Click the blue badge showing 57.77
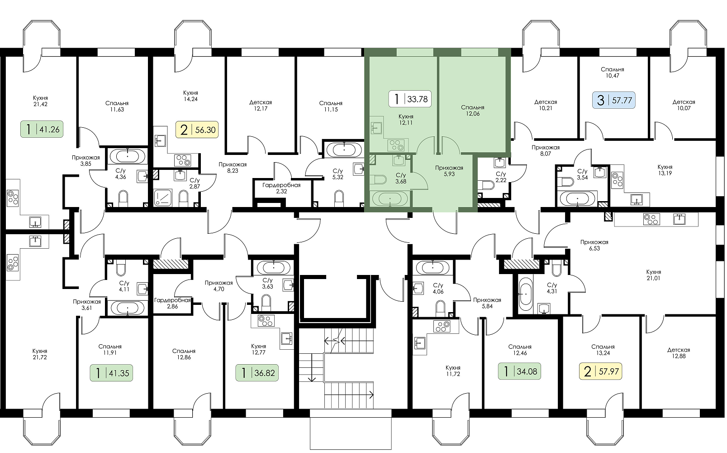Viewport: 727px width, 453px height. tap(614, 100)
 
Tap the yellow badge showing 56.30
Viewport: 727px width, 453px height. tap(197, 130)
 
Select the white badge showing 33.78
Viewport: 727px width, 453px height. tap(410, 98)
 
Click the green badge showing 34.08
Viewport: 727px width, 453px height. tap(519, 371)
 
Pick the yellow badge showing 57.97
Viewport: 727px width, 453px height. tap(601, 371)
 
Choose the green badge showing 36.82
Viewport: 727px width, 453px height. tap(257, 373)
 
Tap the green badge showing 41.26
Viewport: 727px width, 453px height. tap(42, 129)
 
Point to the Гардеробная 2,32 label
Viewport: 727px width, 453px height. tap(281, 188)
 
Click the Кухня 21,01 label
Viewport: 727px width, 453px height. tap(653, 275)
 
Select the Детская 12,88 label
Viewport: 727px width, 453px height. tap(679, 353)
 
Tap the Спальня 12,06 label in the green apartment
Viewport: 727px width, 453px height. tap(473, 111)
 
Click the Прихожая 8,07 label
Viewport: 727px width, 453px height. tap(546, 150)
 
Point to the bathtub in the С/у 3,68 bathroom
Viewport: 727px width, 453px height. tap(390, 198)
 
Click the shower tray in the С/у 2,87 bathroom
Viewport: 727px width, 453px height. tap(162, 198)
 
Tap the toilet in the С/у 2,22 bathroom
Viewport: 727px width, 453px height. tap(488, 185)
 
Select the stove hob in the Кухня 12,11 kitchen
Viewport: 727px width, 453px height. tap(396, 145)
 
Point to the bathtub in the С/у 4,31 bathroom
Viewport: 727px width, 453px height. tap(525, 294)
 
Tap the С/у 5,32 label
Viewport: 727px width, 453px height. tap(337, 174)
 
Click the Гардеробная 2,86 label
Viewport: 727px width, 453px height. tap(172, 303)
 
